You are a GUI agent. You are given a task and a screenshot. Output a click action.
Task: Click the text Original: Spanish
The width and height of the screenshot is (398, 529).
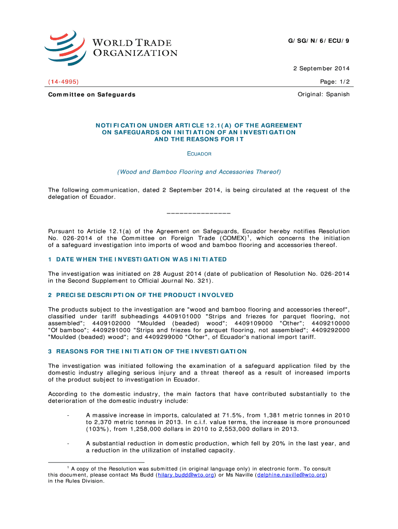(324, 95)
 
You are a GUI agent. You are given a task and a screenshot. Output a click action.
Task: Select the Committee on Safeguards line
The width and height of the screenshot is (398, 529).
(91, 95)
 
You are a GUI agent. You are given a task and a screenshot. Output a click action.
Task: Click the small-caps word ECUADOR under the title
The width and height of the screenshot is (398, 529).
(199, 154)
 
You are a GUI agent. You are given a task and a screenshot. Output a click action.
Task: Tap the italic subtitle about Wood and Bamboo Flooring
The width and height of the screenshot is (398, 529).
(199, 172)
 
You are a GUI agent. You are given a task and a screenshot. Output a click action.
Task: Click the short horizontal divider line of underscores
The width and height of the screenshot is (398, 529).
(199, 213)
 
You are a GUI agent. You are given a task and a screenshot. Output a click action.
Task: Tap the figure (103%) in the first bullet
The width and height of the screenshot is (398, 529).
(97, 429)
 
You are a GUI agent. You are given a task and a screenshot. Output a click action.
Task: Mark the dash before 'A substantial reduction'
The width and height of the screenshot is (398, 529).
(68, 443)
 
